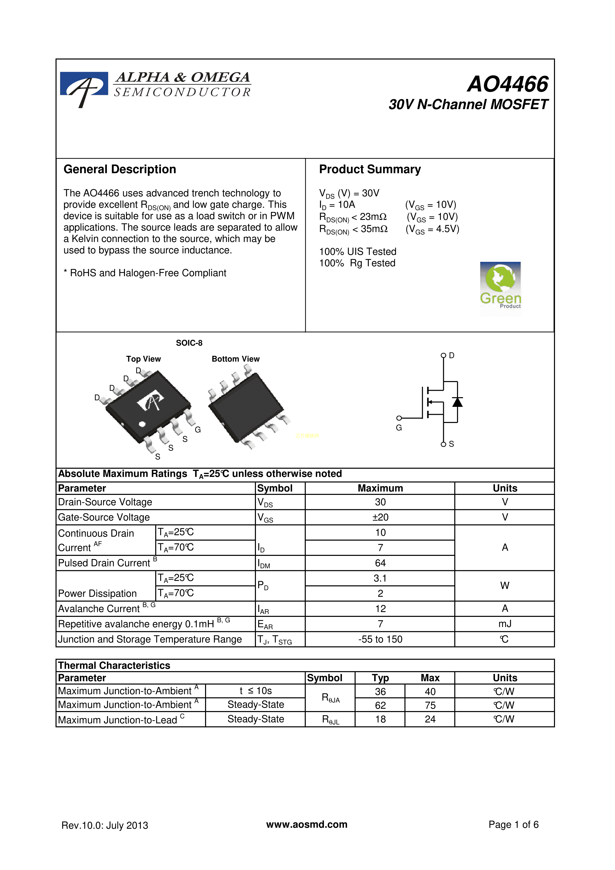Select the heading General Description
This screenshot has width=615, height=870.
tap(120, 169)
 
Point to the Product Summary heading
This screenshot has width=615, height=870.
tap(369, 169)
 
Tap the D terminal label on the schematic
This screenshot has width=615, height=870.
tap(451, 356)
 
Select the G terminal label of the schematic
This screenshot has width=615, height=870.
tap(399, 428)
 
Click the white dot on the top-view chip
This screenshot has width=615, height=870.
tap(142, 424)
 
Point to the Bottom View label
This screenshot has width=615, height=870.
tap(235, 359)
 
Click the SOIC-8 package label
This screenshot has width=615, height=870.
tap(189, 343)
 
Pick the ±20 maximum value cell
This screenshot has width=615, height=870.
tap(380, 517)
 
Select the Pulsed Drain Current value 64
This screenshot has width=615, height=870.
tap(380, 563)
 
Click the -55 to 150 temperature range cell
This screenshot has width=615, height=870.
tap(380, 639)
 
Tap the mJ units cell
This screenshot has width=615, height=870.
tap(505, 624)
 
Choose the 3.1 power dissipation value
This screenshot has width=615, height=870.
tap(380, 578)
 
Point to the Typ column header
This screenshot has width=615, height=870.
tap(380, 678)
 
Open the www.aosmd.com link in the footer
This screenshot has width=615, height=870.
tap(307, 825)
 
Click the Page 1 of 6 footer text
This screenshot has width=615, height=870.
tap(513, 825)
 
